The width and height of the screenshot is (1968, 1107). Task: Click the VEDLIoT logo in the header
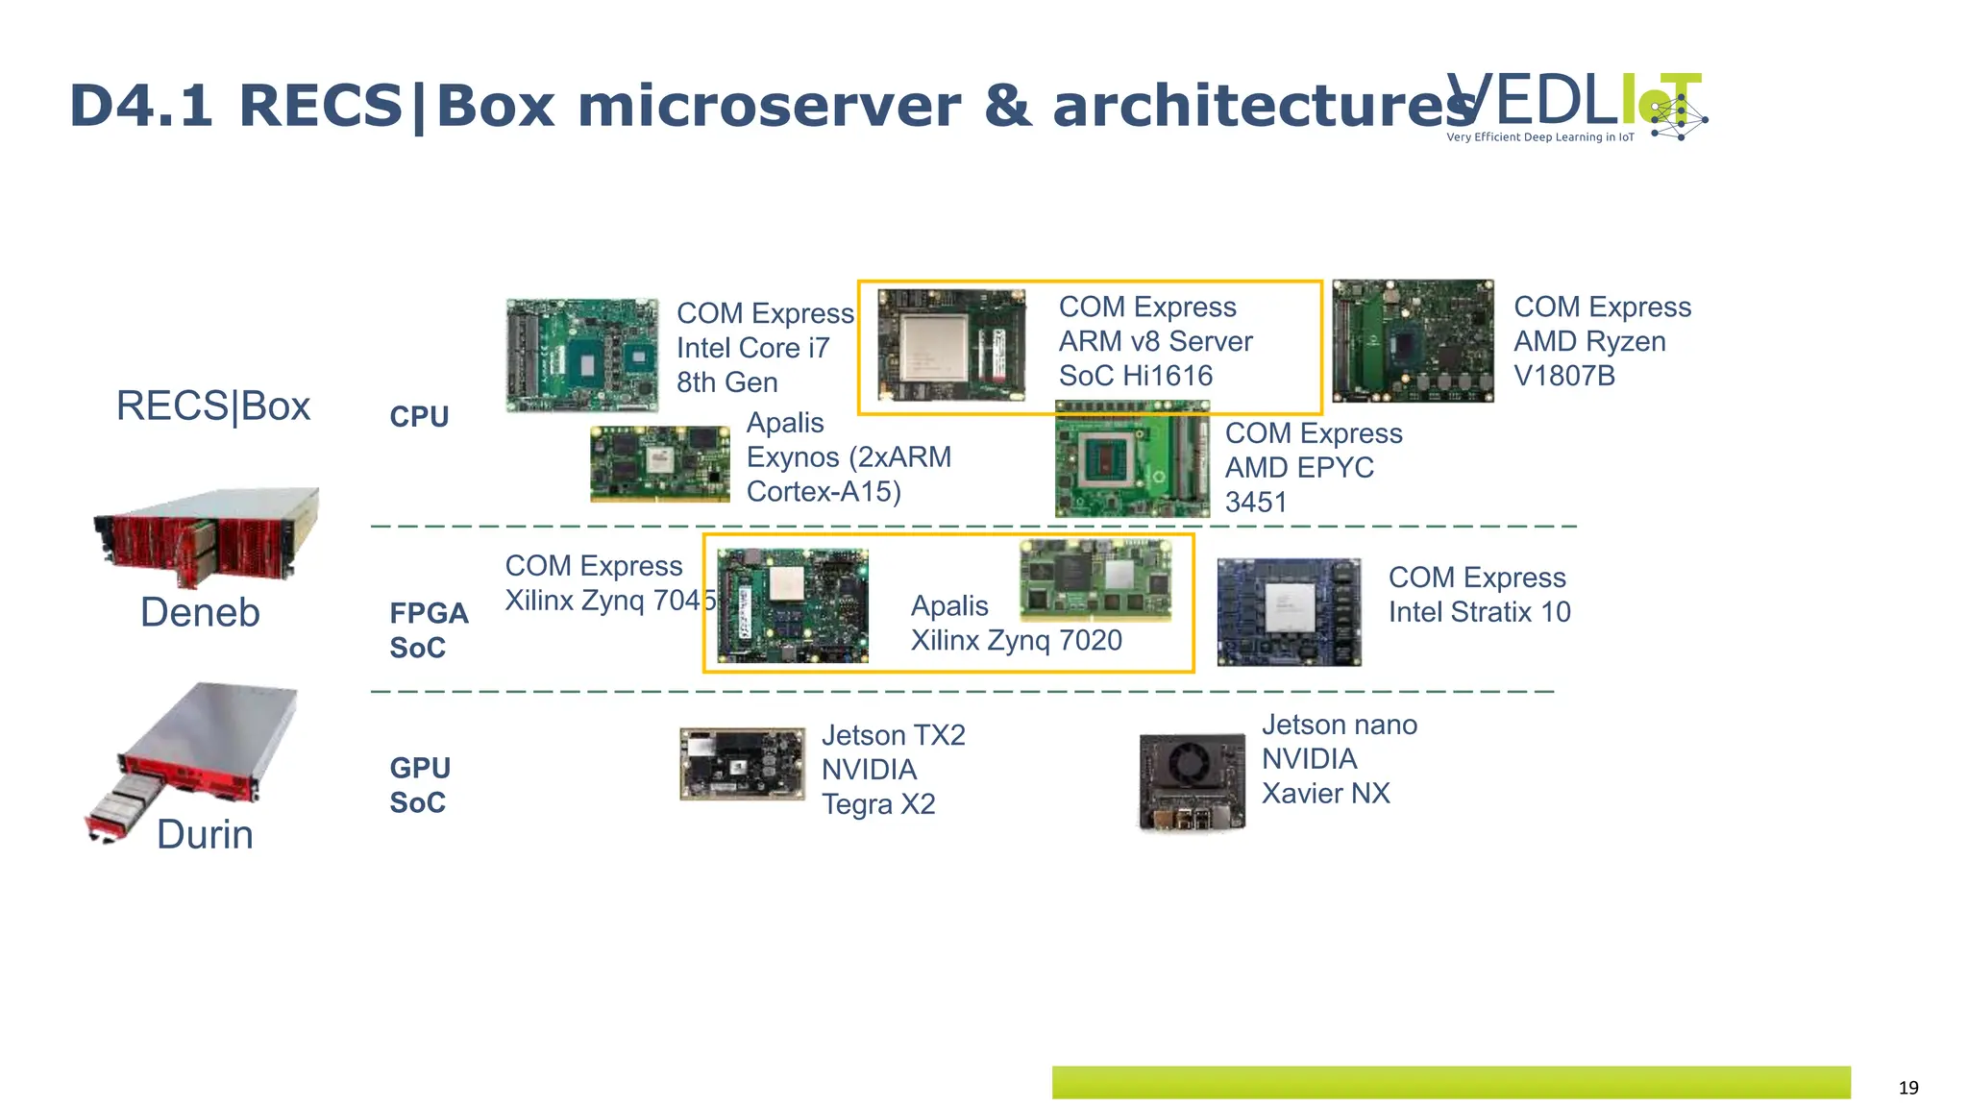[1576, 107]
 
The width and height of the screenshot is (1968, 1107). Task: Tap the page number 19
[1907, 1088]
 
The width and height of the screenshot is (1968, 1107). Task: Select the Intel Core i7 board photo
[582, 355]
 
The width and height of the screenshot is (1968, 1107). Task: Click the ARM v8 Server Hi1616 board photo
[951, 344]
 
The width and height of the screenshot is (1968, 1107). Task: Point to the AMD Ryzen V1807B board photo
[1413, 340]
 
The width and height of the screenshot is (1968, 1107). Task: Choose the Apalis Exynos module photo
[660, 464]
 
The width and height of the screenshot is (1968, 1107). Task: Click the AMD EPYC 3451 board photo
[1132, 460]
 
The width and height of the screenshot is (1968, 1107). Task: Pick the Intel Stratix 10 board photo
[1289, 612]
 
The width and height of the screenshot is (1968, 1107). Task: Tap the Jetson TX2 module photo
[742, 764]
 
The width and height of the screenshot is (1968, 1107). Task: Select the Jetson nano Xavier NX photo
[1192, 781]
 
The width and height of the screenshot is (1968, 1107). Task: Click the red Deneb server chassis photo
[207, 536]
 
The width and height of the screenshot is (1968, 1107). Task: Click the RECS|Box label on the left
[212, 406]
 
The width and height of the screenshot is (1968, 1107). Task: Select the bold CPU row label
[419, 417]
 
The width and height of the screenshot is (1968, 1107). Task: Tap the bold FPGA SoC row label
[428, 630]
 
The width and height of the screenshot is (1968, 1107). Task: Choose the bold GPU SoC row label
[420, 785]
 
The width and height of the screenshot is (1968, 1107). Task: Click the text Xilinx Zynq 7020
[1016, 640]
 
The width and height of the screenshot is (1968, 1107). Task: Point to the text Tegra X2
[878, 803]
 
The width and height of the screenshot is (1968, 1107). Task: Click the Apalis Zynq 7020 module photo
[1095, 578]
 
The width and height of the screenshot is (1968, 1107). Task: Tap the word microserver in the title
[769, 106]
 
